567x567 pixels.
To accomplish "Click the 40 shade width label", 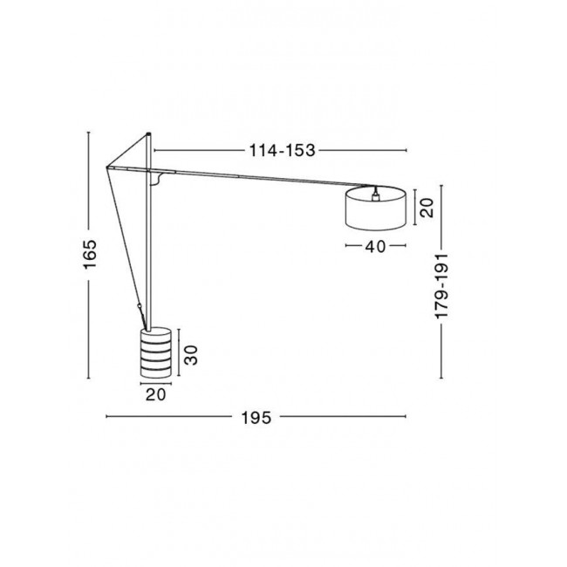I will click(x=375, y=247).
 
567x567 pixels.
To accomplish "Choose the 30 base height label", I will click(x=191, y=353).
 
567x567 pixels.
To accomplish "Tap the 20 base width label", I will click(x=156, y=394).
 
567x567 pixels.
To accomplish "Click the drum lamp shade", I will click(x=375, y=209).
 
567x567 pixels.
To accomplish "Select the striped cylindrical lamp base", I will click(x=155, y=353).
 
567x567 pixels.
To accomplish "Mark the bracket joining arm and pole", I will click(x=157, y=179).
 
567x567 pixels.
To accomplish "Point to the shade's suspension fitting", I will click(x=375, y=189).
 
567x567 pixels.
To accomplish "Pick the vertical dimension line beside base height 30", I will click(x=178, y=353).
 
